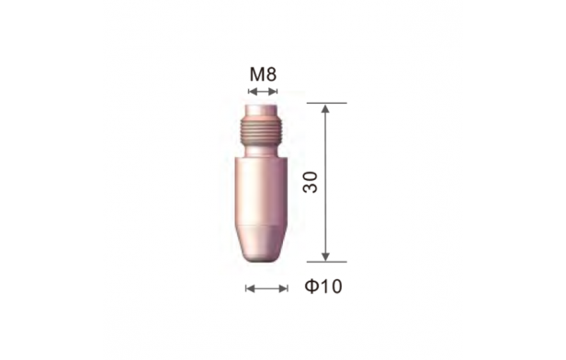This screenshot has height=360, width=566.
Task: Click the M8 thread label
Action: [263, 74]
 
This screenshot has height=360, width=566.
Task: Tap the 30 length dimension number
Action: [311, 183]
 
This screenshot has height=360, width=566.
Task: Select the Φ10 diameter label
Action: [323, 287]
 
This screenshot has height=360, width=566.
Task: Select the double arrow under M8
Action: [263, 92]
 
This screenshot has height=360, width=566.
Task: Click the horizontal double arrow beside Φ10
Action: [266, 288]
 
